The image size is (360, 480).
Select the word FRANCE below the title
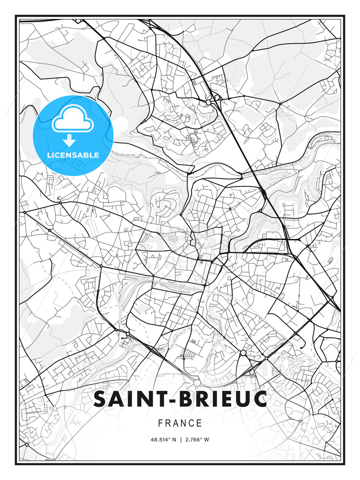point(180,423)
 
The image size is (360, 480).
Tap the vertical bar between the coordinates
point(181,440)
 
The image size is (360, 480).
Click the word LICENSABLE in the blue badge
point(73,155)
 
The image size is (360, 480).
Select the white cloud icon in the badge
point(72,118)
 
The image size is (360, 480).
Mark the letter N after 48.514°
point(174,440)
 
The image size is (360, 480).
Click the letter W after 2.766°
point(207,440)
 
